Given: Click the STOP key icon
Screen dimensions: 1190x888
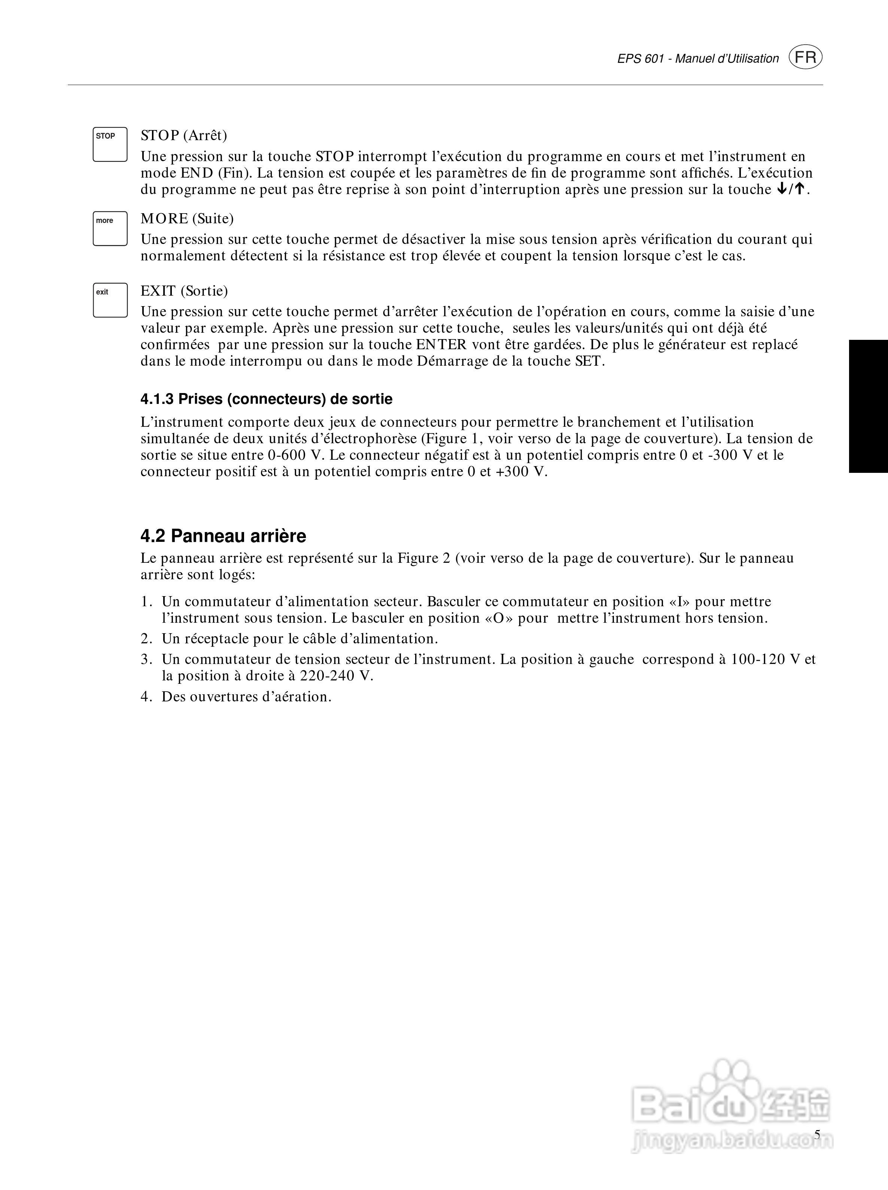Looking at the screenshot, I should [x=110, y=144].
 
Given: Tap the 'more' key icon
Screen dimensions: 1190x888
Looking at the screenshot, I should [x=110, y=229].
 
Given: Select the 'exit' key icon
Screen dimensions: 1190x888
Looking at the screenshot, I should [x=110, y=300].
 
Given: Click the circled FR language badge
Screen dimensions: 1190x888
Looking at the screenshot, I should [x=805, y=58].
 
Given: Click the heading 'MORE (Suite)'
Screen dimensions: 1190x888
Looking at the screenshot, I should [x=187, y=218].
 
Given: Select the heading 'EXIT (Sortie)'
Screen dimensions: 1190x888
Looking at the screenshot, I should [x=184, y=291].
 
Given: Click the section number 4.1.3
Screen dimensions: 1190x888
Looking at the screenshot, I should [x=157, y=399].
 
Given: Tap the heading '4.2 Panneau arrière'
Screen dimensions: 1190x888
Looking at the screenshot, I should [x=223, y=536].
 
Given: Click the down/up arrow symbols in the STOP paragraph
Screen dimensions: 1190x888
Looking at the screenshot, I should [x=791, y=189].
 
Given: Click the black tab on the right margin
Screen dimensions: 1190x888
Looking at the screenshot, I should [x=868, y=406].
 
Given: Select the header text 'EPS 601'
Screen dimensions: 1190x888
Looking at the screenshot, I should [x=640, y=59].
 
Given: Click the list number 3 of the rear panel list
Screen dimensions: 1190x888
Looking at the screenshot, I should [x=146, y=659].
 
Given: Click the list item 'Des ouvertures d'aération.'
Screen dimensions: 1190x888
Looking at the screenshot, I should [x=246, y=697].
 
